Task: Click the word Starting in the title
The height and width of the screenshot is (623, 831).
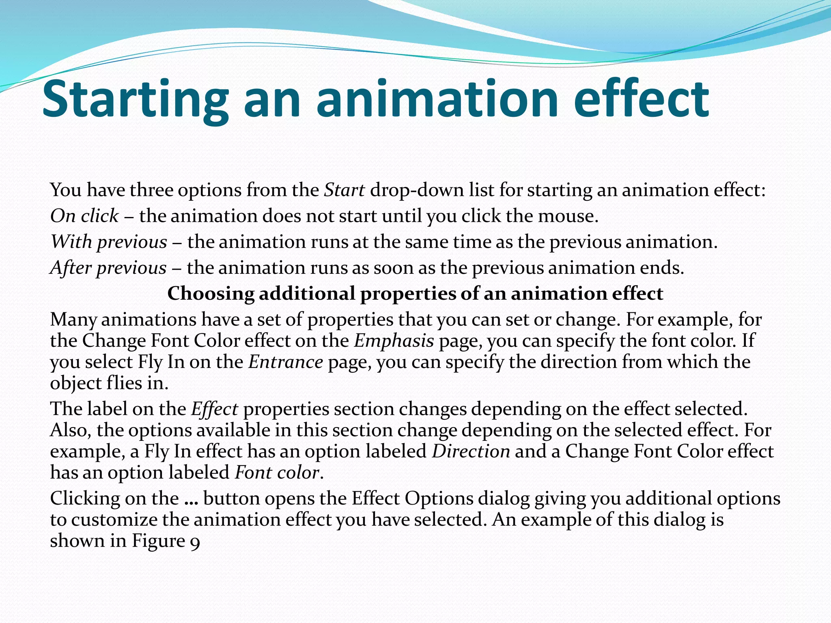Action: click(x=134, y=99)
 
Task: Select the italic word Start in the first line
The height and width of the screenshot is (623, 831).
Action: click(x=344, y=190)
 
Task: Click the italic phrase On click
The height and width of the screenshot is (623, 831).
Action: click(x=84, y=216)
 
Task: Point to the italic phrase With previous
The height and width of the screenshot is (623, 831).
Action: click(x=108, y=242)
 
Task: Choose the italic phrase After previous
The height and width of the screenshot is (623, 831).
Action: click(x=108, y=268)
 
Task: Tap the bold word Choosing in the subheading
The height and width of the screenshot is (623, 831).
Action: click(x=211, y=293)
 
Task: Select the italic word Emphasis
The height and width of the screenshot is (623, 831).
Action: click(x=394, y=341)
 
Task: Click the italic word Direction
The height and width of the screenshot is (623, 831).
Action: click(x=471, y=451)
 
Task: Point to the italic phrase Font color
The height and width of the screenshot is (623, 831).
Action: click(x=277, y=473)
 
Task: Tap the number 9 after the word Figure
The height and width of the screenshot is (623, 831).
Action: click(x=195, y=542)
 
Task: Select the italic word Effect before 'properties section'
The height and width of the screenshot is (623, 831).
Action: click(x=214, y=409)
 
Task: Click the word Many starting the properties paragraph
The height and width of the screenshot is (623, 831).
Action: click(x=73, y=320)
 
